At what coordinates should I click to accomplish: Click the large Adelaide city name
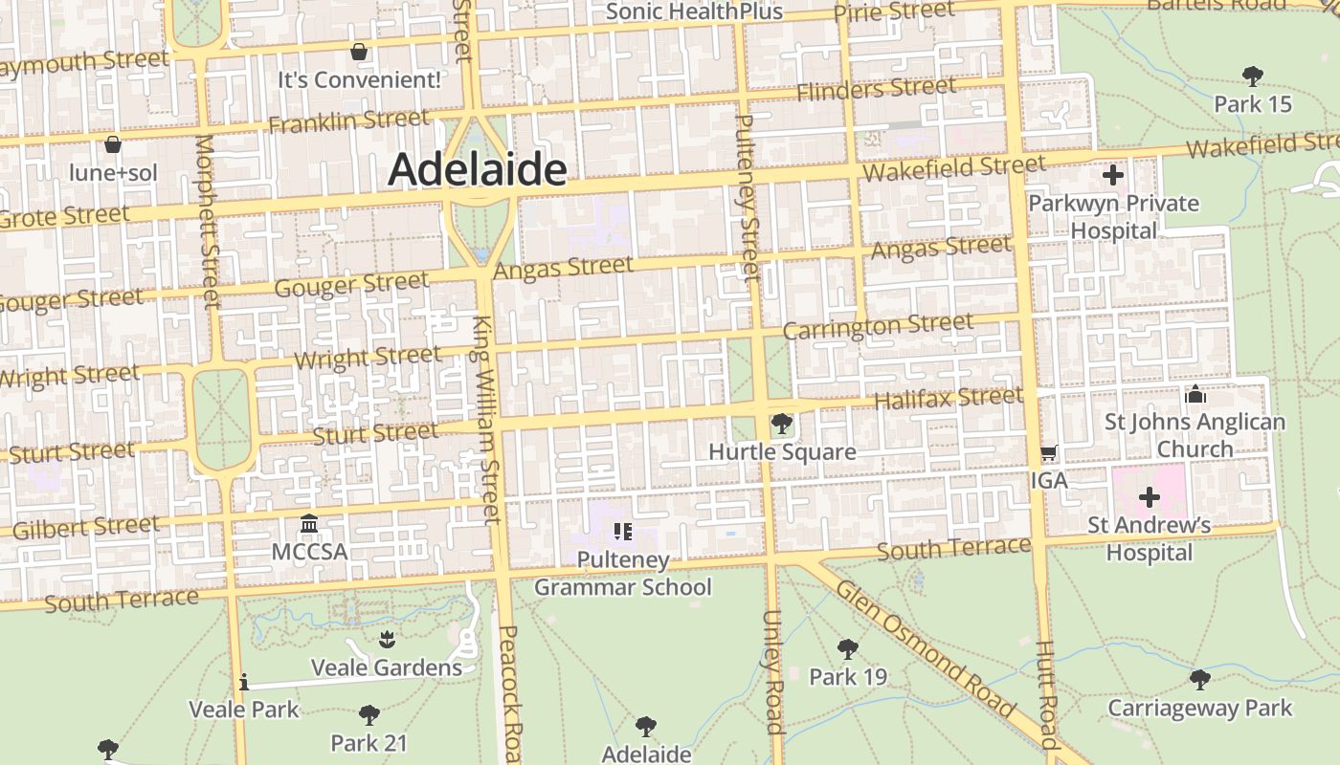[478, 170]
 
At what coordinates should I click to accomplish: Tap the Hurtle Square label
[782, 452]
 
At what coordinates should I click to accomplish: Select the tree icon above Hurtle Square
[782, 423]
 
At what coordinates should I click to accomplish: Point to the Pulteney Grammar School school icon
[623, 532]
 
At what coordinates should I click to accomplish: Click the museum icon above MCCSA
[309, 524]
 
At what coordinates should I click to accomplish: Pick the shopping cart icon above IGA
[1049, 452]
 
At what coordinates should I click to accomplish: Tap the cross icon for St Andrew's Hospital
[1150, 497]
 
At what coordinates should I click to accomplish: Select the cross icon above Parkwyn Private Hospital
[1112, 175]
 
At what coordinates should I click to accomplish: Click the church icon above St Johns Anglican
[1195, 394]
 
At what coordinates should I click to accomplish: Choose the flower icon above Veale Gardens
[387, 638]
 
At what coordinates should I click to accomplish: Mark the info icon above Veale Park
[244, 682]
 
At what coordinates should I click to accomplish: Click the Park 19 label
[848, 677]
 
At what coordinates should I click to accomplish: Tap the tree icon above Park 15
[1252, 76]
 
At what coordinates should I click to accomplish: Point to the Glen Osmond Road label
[925, 648]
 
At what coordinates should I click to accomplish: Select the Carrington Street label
[878, 326]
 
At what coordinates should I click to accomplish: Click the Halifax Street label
[949, 398]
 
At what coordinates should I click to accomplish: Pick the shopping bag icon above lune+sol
[113, 145]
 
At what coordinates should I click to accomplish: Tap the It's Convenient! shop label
[360, 80]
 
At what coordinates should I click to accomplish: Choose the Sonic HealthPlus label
[694, 11]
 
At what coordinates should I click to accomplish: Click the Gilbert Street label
[86, 527]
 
